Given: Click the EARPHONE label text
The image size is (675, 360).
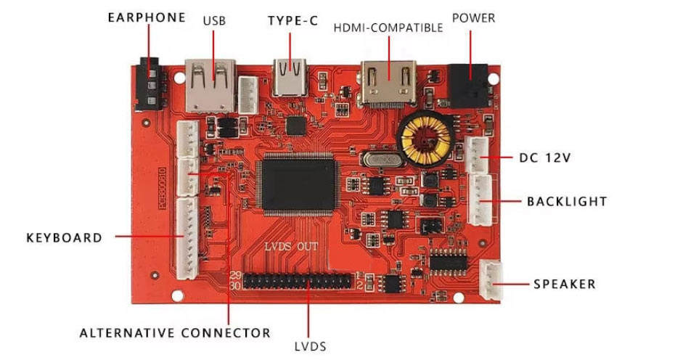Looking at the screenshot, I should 147,17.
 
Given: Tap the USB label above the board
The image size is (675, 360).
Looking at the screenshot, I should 214,20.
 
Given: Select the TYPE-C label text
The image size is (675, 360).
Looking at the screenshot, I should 292,20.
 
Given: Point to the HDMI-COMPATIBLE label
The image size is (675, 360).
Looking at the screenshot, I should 388,28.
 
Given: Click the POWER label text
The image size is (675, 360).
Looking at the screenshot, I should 473,17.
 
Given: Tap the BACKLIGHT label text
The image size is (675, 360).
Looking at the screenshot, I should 567,201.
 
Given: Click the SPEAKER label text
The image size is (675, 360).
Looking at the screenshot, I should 565,284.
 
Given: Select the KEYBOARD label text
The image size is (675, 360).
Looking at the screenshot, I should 64,237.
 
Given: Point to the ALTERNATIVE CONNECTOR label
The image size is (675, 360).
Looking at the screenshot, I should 175,333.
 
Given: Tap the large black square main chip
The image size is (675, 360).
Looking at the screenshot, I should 298,184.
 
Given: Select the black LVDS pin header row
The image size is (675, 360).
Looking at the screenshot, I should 299,282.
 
